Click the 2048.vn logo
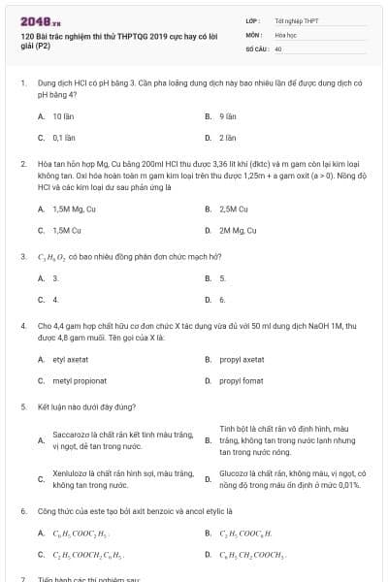(35, 20)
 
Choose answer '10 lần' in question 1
(64, 115)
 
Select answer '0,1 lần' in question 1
(64, 137)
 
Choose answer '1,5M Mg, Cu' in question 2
(74, 209)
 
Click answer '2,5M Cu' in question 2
(234, 209)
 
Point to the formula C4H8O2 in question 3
(50, 256)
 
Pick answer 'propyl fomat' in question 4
(241, 380)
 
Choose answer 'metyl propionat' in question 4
(77, 380)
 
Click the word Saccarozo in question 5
(70, 435)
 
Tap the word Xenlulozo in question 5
(71, 472)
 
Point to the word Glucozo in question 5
(236, 472)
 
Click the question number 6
(23, 509)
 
